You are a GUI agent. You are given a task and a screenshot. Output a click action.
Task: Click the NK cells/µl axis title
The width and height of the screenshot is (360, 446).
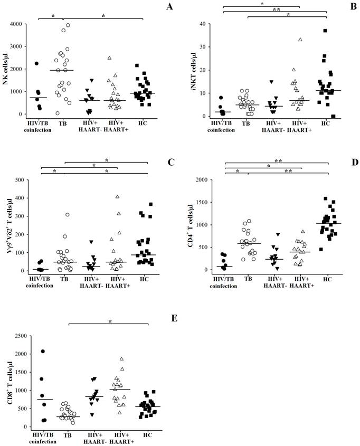6,69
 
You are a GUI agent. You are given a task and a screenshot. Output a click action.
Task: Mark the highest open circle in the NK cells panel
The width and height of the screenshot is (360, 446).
68,25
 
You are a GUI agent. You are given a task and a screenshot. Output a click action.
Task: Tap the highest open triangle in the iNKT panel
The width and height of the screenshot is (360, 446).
300,40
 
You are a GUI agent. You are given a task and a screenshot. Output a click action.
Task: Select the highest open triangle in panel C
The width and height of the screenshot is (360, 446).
118,197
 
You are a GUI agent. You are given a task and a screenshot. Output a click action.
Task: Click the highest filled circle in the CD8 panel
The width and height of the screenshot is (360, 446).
43,352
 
